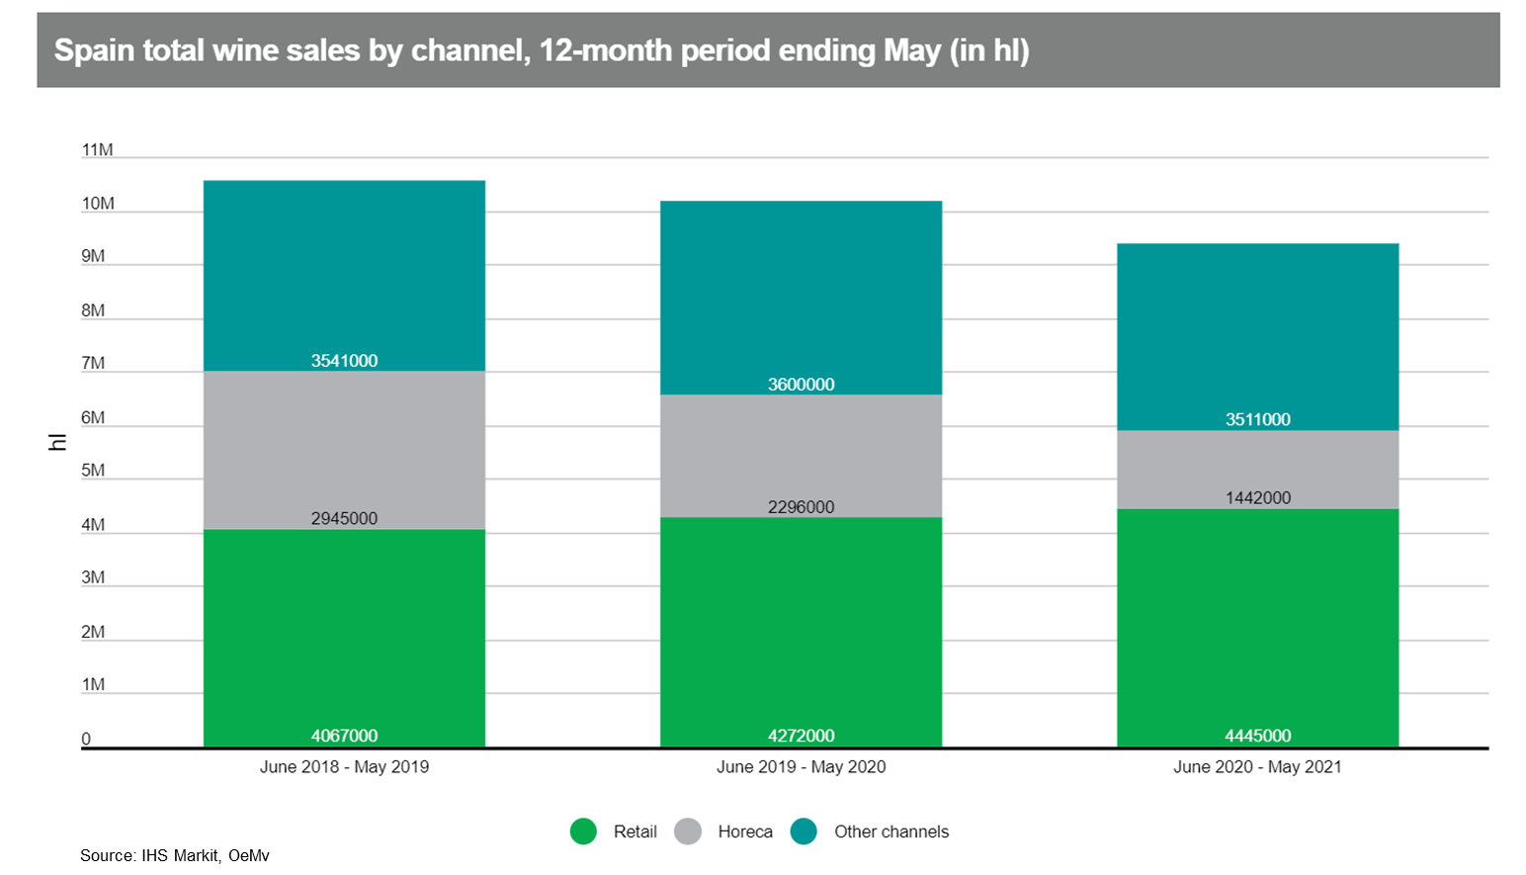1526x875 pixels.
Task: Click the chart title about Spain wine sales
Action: tap(542, 50)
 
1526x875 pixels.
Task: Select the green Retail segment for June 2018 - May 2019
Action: tap(344, 633)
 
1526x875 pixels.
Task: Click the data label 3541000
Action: tap(344, 361)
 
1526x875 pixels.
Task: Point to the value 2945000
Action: tap(344, 518)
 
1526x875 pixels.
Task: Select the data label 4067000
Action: tap(344, 736)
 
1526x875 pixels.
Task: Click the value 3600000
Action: tap(801, 385)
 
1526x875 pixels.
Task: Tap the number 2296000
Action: tap(801, 507)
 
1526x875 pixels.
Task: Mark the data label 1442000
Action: tap(1257, 497)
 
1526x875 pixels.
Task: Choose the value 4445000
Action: tap(1257, 736)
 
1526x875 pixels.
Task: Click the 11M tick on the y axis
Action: tap(97, 150)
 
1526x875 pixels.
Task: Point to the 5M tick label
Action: tap(93, 471)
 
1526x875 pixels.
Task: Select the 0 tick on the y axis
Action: tap(86, 739)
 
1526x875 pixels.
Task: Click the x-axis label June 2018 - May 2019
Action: tap(344, 767)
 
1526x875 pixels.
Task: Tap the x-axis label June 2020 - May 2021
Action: tap(1257, 767)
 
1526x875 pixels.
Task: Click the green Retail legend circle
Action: tap(583, 831)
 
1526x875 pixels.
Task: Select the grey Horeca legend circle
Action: tap(688, 831)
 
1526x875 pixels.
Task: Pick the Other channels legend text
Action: tap(890, 831)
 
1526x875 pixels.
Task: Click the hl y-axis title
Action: tap(57, 442)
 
